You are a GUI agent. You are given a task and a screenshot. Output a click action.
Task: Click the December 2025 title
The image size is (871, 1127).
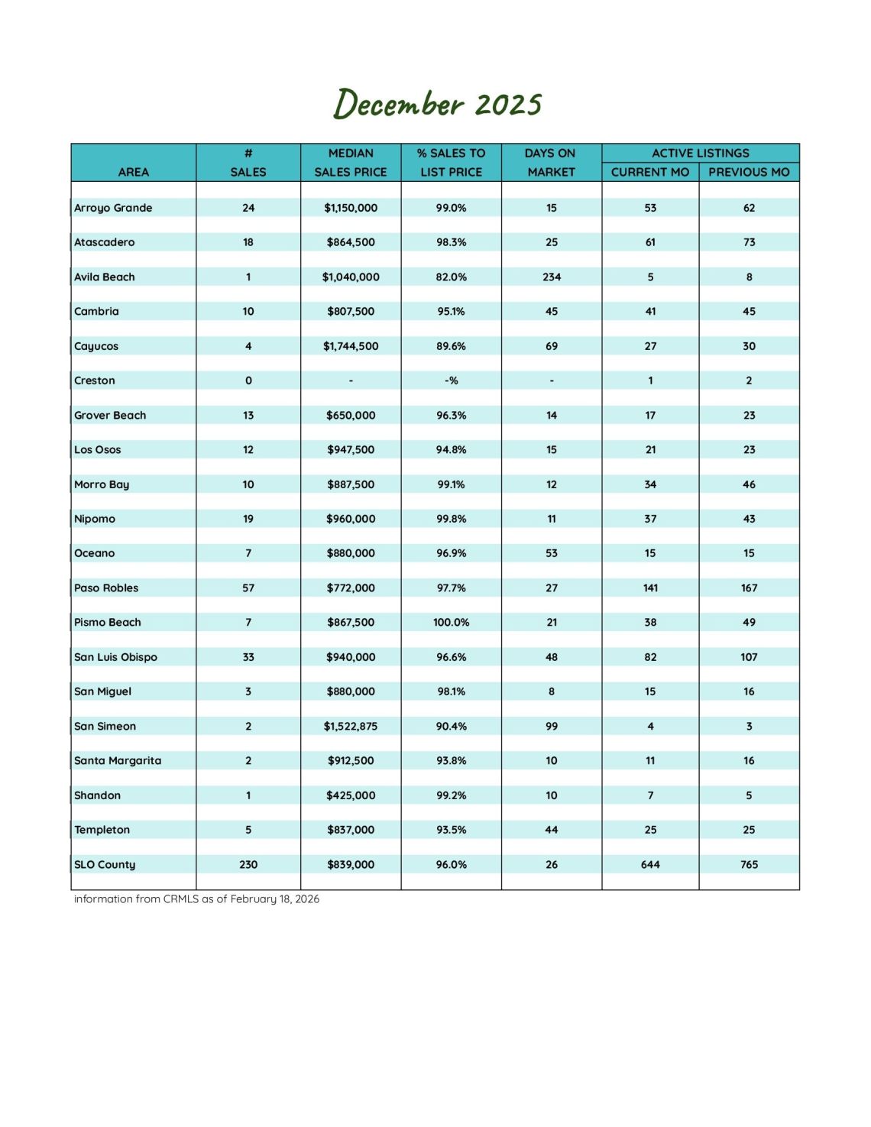[437, 104]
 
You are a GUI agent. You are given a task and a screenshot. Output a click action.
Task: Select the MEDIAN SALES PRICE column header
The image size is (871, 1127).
[351, 163]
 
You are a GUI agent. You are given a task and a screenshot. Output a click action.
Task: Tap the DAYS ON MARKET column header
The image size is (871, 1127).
[551, 163]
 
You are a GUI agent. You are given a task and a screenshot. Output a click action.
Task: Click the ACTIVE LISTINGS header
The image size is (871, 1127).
[700, 153]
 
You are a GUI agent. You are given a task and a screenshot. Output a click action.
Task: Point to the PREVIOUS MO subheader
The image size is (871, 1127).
[749, 172]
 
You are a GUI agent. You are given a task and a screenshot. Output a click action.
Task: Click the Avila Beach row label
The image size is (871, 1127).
[105, 277]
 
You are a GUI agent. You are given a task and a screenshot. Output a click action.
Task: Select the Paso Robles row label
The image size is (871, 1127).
[106, 588]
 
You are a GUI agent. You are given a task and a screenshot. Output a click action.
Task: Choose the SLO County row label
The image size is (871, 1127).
[105, 865]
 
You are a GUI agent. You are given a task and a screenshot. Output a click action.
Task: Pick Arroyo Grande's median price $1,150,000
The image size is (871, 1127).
[351, 208]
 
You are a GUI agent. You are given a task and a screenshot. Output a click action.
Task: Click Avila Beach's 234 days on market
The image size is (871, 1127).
[552, 277]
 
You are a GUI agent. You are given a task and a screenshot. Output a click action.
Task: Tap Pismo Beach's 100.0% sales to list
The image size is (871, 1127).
[451, 623]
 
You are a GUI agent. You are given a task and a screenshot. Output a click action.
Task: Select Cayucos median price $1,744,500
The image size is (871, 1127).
[351, 346]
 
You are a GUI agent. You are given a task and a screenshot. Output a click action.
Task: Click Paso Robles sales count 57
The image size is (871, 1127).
[248, 588]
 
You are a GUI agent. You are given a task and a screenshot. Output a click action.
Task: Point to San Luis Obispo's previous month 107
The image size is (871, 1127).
[749, 657]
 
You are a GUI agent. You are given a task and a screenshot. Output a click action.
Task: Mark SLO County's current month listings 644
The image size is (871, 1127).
[650, 865]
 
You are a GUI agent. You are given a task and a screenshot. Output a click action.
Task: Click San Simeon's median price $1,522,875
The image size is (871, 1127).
[351, 727]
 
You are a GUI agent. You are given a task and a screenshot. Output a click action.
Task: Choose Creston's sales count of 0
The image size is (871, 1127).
[248, 381]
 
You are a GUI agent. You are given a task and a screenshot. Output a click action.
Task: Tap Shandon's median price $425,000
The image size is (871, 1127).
[351, 795]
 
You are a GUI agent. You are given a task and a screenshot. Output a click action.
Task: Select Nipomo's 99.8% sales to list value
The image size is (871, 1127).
[451, 519]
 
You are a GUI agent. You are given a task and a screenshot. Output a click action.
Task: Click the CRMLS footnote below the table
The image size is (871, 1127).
[196, 899]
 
